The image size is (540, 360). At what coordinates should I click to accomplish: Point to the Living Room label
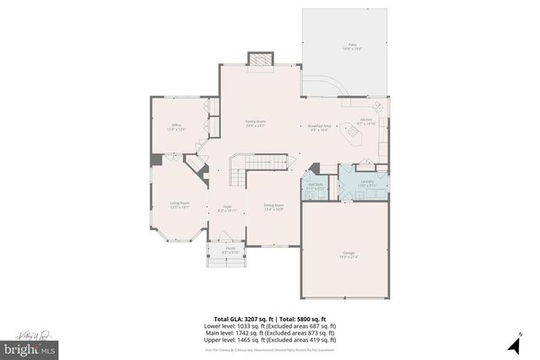coord(179,205)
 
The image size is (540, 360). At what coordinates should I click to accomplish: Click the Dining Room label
coord(273,207)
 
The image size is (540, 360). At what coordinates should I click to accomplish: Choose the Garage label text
coord(348,255)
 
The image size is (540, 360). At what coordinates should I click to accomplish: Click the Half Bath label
coord(316,186)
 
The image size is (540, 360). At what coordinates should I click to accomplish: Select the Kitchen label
coord(367,122)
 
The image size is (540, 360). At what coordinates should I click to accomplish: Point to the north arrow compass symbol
coord(512,344)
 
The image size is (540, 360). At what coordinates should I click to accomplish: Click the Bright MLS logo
coord(30,346)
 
